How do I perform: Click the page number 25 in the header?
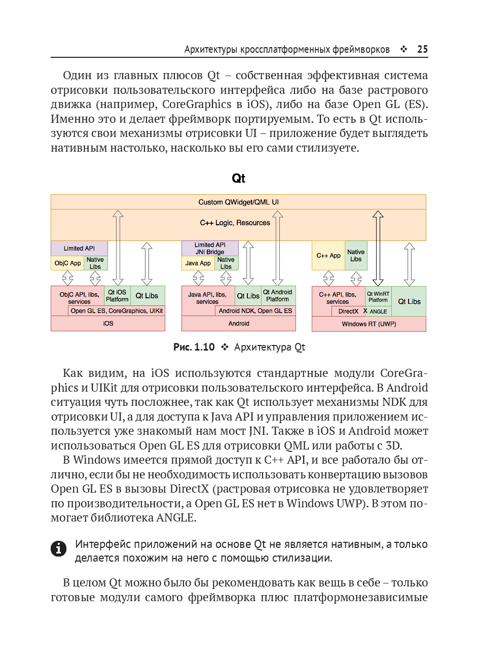[422, 49]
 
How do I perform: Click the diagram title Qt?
[238, 179]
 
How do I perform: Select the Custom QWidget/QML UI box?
[238, 202]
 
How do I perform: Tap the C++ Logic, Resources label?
[235, 223]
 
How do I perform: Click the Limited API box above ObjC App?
[79, 248]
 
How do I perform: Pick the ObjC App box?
[68, 263]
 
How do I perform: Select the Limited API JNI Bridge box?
[210, 248]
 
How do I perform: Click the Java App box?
[198, 263]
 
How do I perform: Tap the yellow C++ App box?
[328, 256]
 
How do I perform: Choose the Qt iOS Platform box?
[117, 296]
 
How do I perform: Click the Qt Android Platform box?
[277, 296]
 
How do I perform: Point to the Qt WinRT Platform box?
[378, 297]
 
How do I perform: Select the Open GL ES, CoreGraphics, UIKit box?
[117, 311]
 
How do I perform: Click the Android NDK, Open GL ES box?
[255, 311]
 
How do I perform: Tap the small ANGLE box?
[378, 311]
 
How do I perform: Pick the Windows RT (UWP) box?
[369, 324]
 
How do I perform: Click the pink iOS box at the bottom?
[108, 324]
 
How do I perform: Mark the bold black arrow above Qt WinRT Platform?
[378, 249]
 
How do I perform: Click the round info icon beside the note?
[59, 548]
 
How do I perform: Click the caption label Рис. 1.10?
[194, 348]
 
